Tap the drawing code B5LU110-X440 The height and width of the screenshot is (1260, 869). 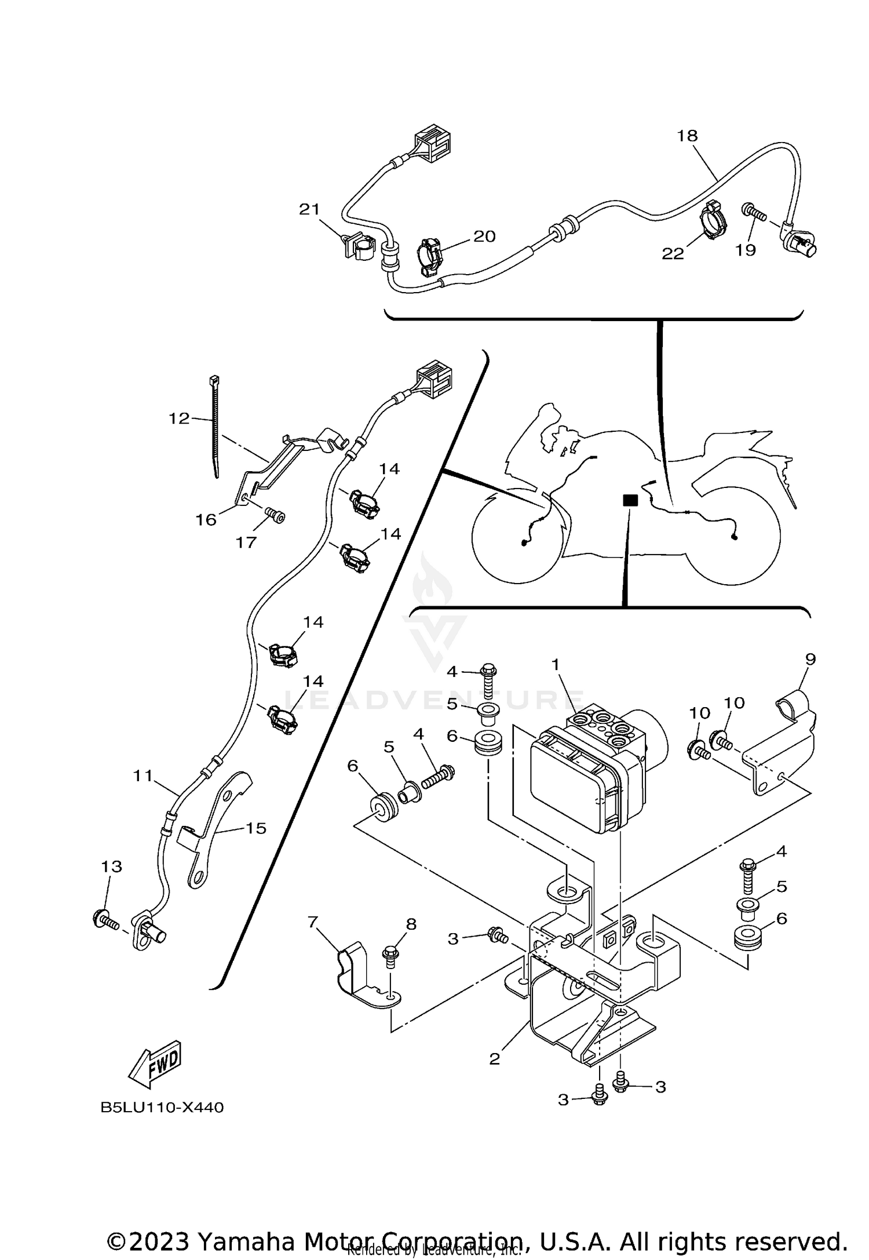tap(162, 1108)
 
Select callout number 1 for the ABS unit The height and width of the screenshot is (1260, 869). tap(556, 664)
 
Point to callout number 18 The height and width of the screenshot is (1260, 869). tap(687, 136)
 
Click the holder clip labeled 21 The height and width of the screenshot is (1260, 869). tap(355, 246)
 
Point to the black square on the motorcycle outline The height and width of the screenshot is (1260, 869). tap(630, 500)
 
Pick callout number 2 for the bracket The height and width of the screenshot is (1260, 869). tap(494, 1058)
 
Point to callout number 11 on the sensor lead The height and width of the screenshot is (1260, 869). tap(142, 775)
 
